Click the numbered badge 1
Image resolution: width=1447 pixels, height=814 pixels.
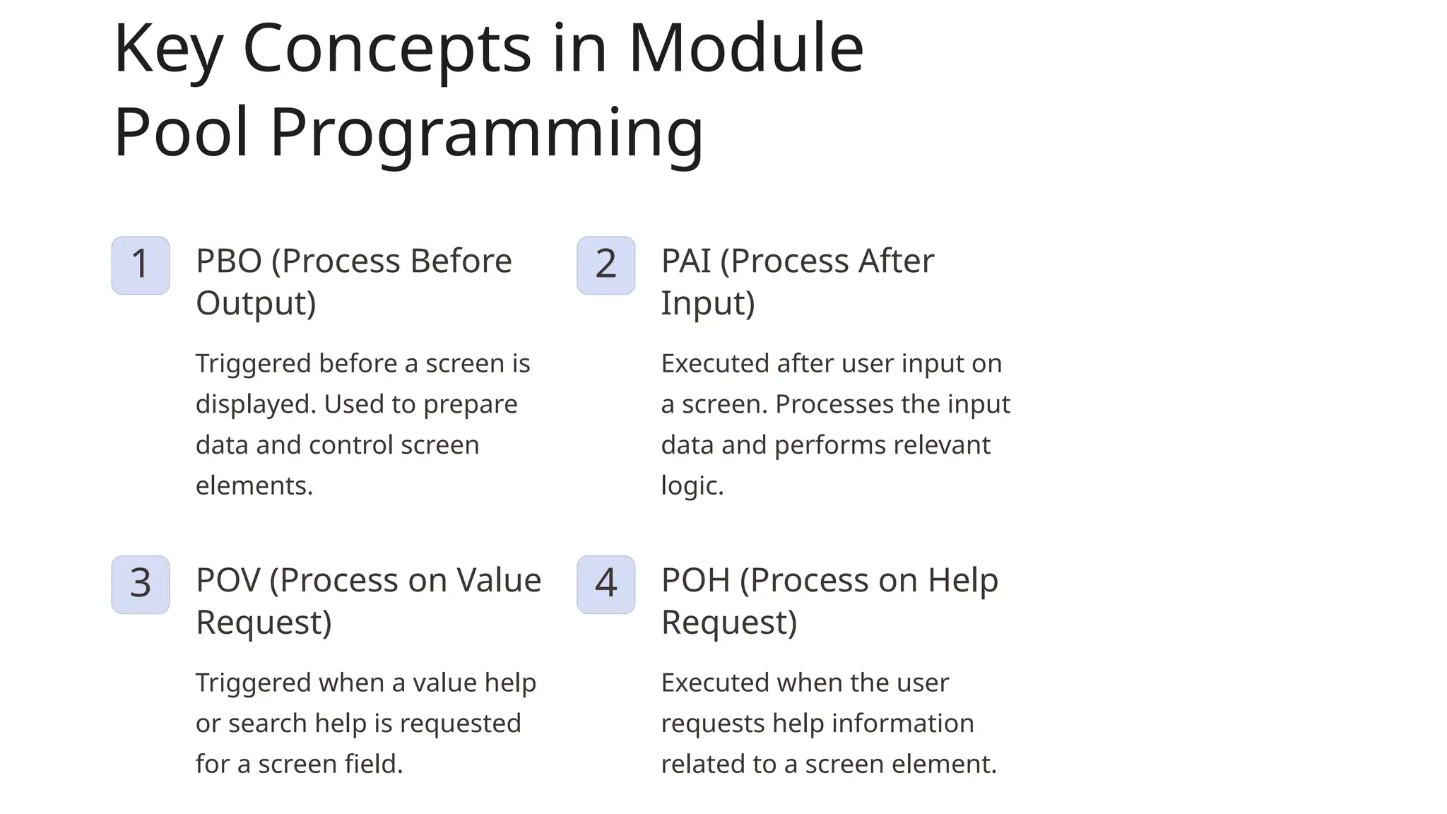[140, 265]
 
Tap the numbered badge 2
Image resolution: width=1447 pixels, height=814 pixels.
[606, 265]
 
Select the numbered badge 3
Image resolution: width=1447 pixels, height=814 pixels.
[140, 584]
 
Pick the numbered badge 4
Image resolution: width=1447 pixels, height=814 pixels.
[606, 584]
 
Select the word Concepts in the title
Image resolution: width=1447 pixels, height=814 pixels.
[386, 49]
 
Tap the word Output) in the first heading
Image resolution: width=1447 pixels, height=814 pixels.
[256, 304]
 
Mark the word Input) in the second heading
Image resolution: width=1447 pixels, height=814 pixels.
[708, 304]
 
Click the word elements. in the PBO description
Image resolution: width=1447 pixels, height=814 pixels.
[254, 486]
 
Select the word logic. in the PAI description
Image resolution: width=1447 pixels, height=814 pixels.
[692, 486]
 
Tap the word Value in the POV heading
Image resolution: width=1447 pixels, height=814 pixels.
[499, 581]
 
